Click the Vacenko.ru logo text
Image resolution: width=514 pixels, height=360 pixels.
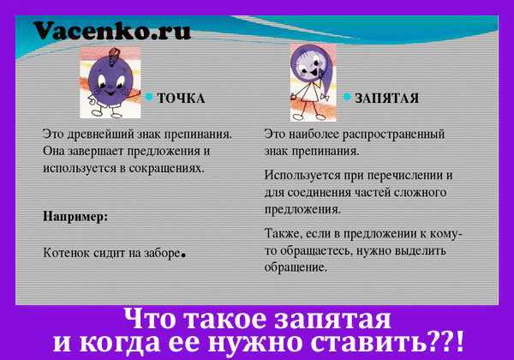112,31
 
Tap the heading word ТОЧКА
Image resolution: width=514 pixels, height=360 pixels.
182,98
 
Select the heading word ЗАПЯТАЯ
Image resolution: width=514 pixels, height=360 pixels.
387,98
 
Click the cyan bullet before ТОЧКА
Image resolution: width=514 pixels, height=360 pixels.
149,97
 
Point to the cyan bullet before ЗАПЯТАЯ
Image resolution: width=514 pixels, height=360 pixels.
347,97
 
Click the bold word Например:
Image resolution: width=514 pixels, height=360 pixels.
75,216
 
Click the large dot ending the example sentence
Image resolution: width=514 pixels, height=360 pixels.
183,255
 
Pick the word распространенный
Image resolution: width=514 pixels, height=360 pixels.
393,135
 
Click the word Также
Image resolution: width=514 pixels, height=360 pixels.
283,233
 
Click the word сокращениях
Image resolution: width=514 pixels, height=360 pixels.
166,168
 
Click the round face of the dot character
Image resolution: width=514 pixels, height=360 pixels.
111,81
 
